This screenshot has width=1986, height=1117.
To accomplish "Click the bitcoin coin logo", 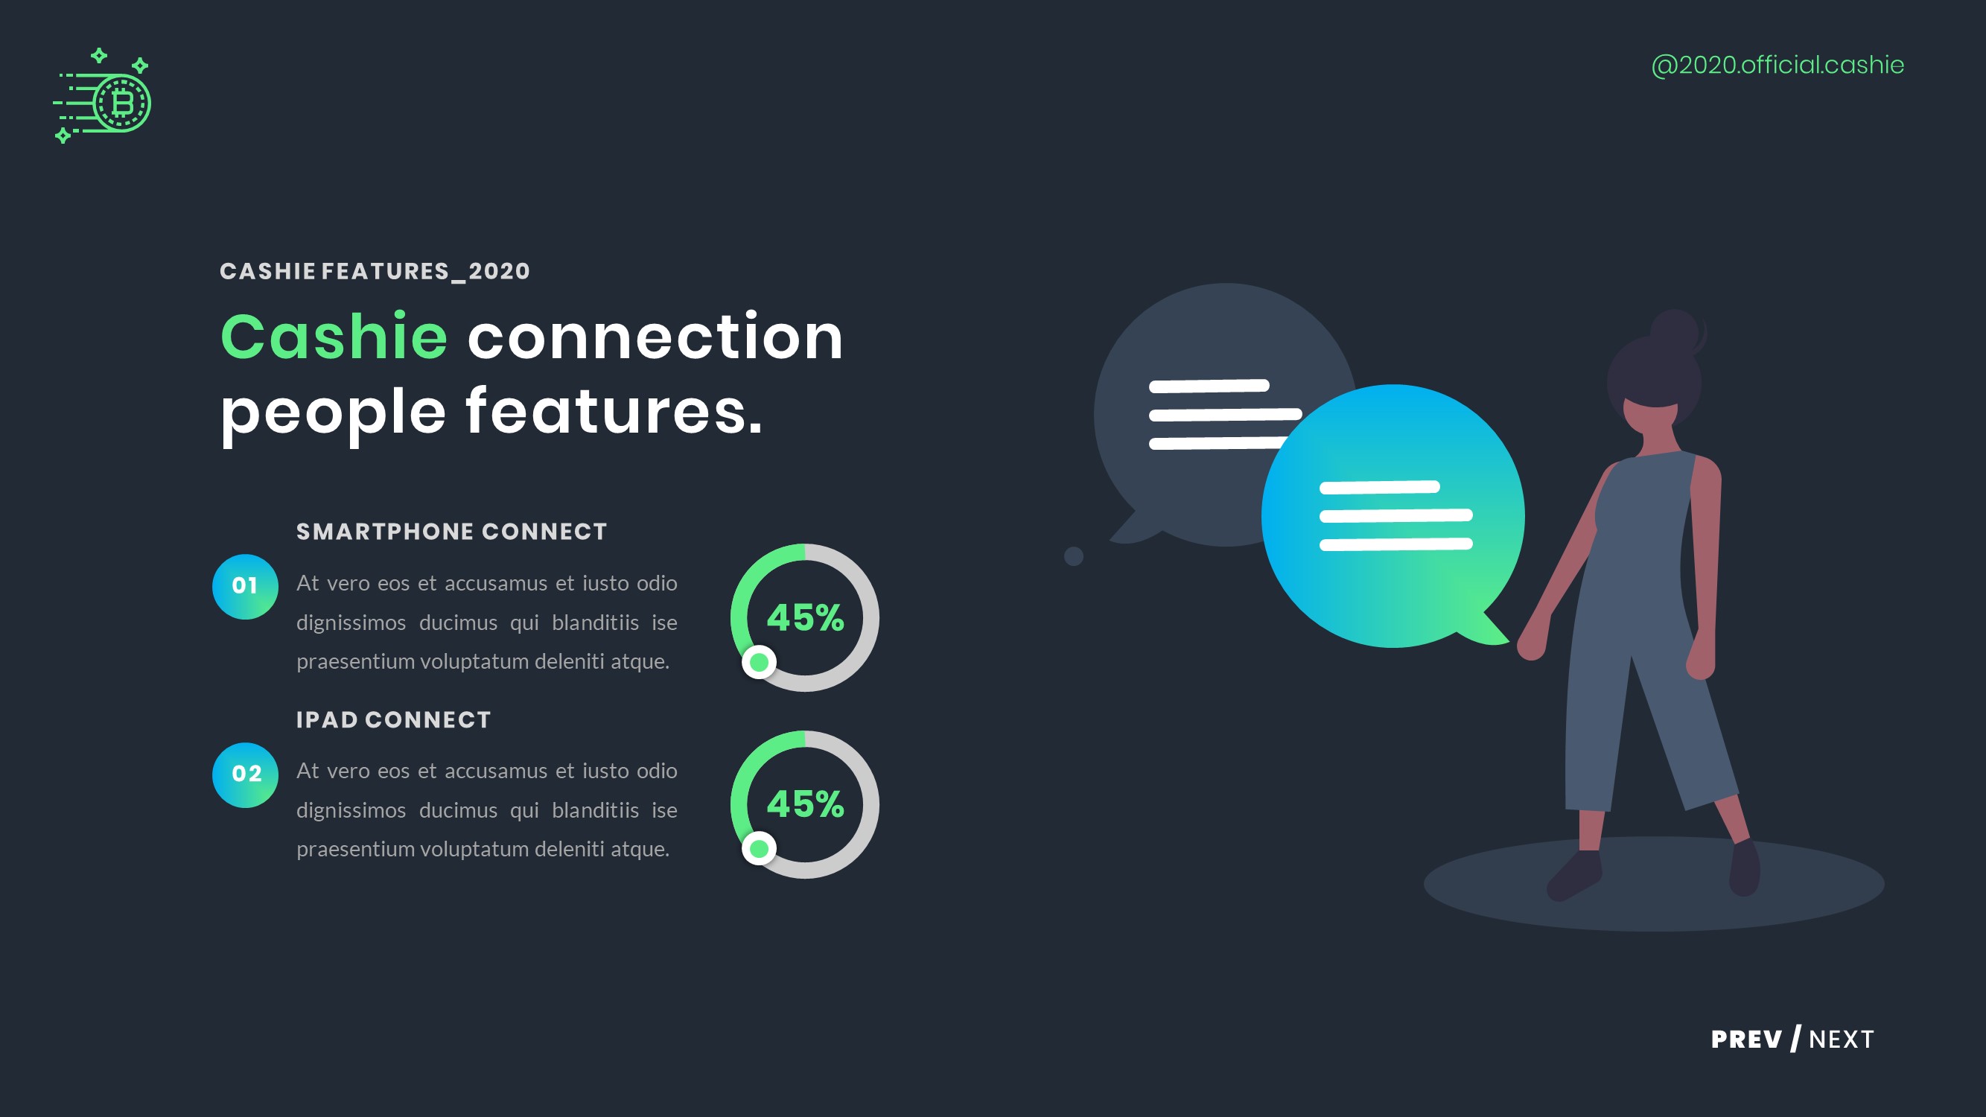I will click(x=121, y=103).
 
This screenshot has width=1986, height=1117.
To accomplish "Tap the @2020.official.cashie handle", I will click(x=1777, y=65).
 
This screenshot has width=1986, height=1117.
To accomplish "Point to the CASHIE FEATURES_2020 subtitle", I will click(x=375, y=271).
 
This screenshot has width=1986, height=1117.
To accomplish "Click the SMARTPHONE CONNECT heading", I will click(x=452, y=532).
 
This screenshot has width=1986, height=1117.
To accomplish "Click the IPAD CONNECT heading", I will click(x=393, y=720).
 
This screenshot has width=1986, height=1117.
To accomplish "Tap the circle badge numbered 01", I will click(x=245, y=586).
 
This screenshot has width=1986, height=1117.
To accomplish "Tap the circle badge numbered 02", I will click(x=245, y=774).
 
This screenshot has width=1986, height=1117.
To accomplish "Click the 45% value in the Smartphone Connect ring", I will click(x=805, y=617).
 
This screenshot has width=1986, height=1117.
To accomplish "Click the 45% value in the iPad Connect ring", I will click(x=805, y=804).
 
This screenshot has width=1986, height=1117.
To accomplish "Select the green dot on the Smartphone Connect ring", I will click(x=759, y=662).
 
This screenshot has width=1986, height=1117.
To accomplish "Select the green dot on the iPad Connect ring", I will click(x=759, y=849).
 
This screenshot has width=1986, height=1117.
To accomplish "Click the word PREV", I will click(x=1746, y=1039).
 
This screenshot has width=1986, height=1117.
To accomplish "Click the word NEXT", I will click(x=1841, y=1039).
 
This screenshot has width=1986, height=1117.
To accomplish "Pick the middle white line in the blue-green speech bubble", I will click(x=1395, y=516).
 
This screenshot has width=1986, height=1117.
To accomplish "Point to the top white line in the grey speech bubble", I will click(x=1209, y=386).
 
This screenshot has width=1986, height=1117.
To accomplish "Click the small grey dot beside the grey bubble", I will click(x=1073, y=556).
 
